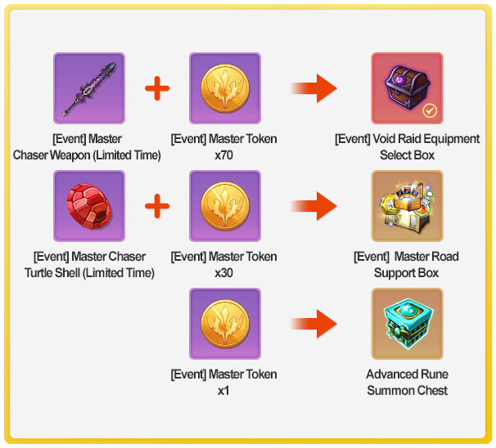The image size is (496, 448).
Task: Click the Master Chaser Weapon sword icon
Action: [89, 88]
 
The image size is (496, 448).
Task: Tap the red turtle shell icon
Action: [89, 206]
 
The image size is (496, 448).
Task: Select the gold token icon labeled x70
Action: [224, 88]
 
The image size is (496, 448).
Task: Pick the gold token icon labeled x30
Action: [224, 206]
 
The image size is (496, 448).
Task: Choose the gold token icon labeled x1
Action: [224, 324]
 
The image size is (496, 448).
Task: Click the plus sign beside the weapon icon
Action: [157, 88]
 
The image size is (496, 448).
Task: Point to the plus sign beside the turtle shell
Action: [157, 206]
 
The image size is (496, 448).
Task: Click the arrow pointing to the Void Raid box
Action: [314, 88]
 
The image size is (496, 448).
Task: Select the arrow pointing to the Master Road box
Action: [314, 206]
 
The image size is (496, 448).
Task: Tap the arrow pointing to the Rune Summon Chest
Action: [314, 324]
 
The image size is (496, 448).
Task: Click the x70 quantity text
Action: [224, 155]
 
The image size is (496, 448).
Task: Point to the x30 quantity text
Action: [224, 273]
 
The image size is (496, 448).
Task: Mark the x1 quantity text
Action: [224, 391]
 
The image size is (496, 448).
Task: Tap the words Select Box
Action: [407, 155]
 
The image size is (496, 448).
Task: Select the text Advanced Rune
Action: [407, 374]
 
